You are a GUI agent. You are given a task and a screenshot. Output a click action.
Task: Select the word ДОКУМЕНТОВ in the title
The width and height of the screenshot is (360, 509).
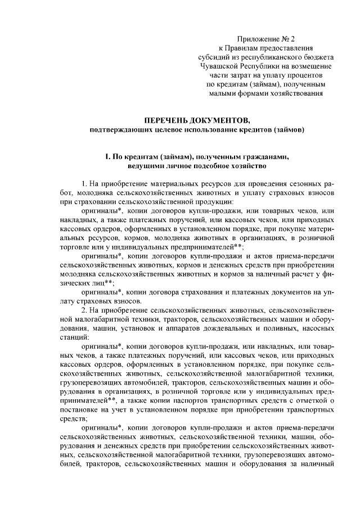click(218, 120)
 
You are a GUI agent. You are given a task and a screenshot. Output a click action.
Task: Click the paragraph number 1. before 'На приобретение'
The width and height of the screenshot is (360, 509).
click(85, 184)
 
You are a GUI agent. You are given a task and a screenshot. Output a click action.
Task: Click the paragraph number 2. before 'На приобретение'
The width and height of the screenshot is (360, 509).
click(85, 310)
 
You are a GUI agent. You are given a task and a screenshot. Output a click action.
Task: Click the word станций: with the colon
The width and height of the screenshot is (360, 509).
click(74, 337)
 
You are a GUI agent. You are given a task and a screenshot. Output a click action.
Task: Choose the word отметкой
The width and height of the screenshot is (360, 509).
click(310, 400)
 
